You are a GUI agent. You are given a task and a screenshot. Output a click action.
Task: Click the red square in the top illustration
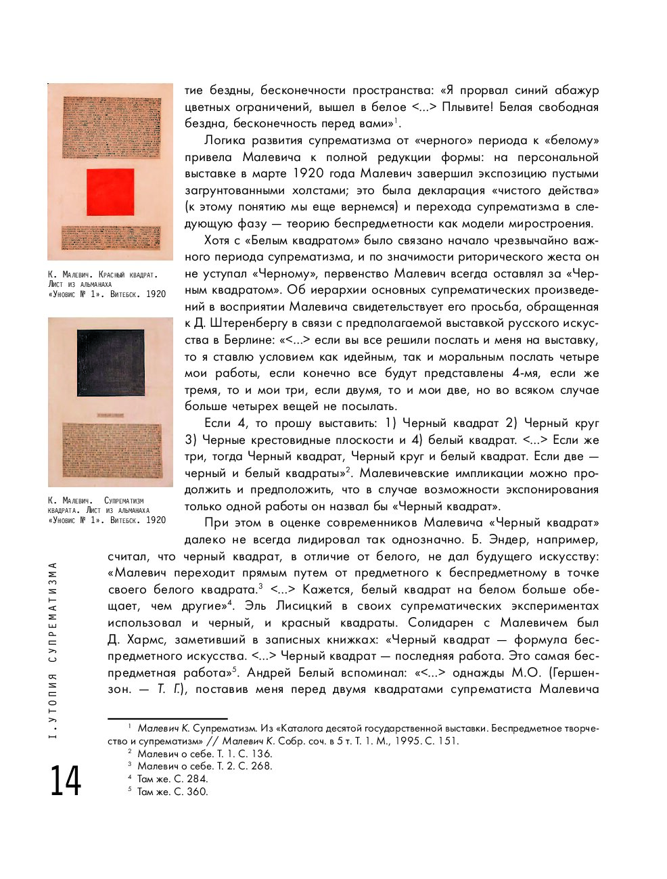110,191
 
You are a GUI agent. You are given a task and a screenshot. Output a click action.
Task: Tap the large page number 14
65,781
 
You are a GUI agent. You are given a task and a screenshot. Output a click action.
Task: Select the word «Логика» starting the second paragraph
225,141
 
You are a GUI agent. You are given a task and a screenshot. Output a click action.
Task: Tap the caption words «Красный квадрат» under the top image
128,275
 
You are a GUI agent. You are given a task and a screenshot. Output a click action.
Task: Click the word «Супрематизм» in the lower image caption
124,501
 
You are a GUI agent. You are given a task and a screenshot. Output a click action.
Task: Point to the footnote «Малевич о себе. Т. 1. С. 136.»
204,754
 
